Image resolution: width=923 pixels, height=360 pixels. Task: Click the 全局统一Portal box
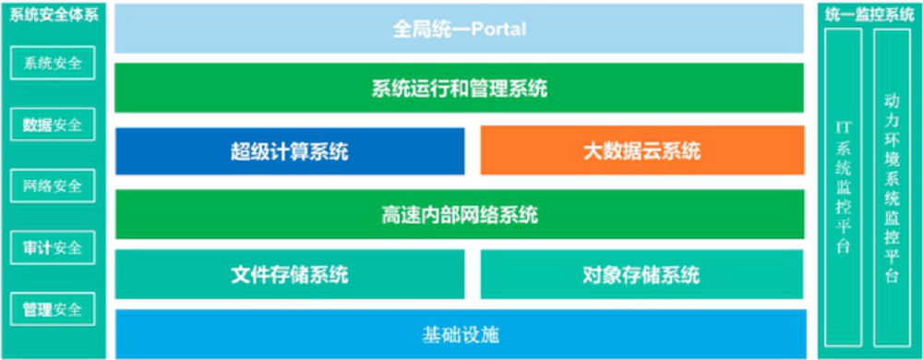[459, 29]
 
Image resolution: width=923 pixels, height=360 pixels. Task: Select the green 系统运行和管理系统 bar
[459, 88]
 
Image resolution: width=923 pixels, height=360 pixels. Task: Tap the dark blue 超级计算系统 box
[290, 151]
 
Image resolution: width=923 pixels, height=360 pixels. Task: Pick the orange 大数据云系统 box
[642, 150]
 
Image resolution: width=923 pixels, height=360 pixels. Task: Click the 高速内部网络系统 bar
[460, 214]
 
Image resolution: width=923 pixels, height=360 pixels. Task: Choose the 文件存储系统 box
[290, 274]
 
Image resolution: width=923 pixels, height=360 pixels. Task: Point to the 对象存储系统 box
[642, 274]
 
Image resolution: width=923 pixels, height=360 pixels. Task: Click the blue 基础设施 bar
[461, 334]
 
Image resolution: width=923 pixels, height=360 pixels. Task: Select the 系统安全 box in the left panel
[53, 63]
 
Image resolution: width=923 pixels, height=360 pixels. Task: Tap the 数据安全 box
[53, 124]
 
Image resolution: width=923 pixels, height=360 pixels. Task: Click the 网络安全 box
[53, 186]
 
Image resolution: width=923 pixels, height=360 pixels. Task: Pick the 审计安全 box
[53, 247]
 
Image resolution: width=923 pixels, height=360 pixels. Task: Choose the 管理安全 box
[53, 309]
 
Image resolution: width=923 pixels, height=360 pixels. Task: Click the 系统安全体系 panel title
[54, 16]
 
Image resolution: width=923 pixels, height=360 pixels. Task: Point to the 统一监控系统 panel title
[869, 16]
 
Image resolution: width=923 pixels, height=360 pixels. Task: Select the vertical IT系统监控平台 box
[844, 187]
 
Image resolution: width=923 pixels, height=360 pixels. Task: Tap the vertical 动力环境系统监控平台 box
[893, 187]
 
